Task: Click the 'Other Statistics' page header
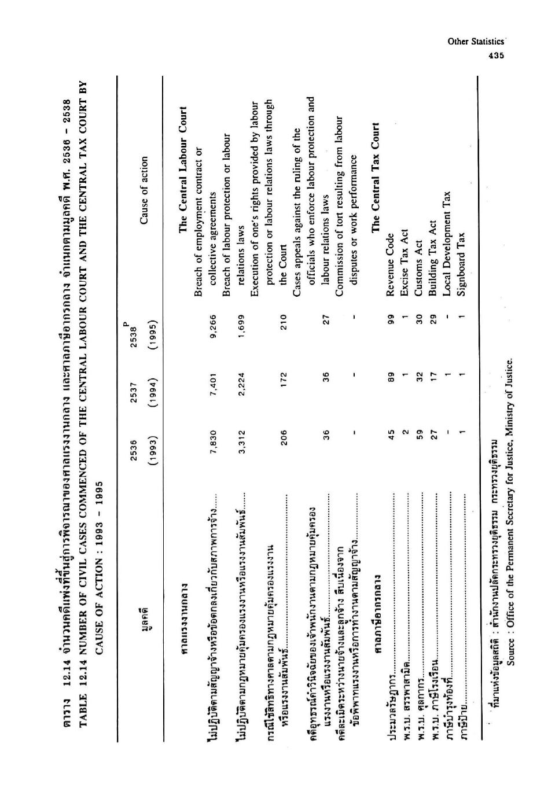476,42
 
